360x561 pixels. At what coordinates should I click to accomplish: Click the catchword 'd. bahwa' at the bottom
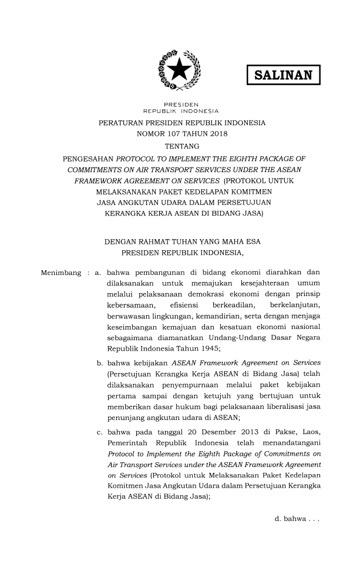[296, 518]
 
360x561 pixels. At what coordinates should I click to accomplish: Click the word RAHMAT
[162, 242]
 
